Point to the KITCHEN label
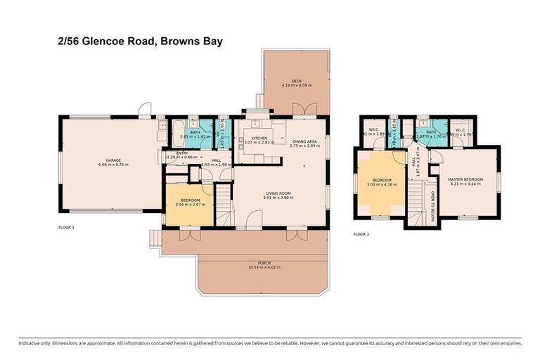pos(259,139)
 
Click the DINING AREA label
pos(304,141)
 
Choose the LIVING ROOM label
pos(278,193)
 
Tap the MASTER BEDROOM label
pos(465,179)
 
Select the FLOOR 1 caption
pos(66,228)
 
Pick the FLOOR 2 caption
pos(361,233)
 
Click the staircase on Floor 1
pos(223,202)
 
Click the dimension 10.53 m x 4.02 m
pos(264,266)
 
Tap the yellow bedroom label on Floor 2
pos(385,179)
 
